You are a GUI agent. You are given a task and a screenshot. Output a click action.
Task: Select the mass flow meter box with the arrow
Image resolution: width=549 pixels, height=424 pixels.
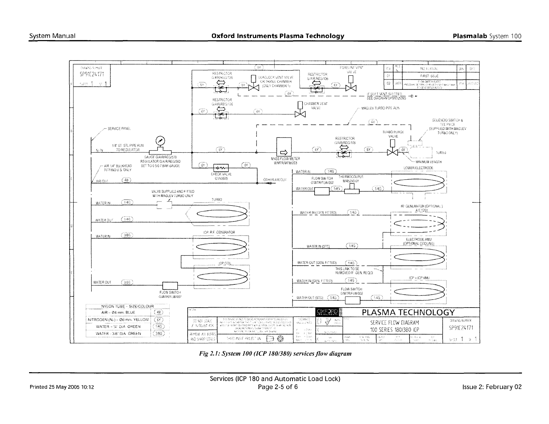284,148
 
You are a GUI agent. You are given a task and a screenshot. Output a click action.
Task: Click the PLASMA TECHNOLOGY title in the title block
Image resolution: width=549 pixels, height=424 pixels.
408,313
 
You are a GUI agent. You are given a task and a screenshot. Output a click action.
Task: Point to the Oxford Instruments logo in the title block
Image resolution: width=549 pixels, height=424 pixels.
328,313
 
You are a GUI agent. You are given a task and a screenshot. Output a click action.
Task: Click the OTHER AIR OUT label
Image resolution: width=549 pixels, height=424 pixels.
275,180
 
